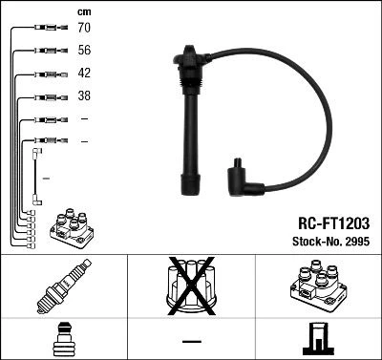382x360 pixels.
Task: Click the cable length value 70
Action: point(84,30)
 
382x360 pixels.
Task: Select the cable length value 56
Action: point(84,52)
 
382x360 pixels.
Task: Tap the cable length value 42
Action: point(84,74)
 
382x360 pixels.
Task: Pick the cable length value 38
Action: point(84,96)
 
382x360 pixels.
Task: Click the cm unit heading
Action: point(83,11)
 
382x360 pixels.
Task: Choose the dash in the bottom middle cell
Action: point(190,340)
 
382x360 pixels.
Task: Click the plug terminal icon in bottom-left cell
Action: point(63,340)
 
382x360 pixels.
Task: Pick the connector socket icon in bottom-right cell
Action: point(317,340)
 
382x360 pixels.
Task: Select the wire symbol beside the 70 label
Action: point(44,30)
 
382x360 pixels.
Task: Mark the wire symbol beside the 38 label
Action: point(44,96)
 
